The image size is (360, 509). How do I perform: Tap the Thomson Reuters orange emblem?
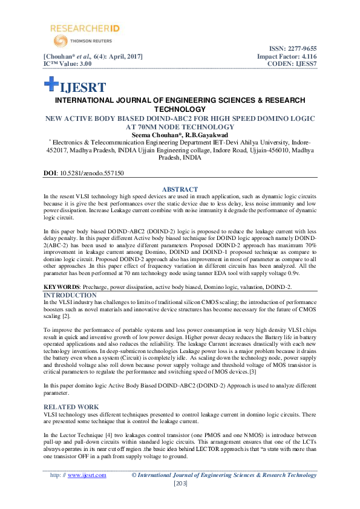click(61, 41)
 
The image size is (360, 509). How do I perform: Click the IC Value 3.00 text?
click(67, 63)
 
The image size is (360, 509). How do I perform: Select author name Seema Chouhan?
click(157, 135)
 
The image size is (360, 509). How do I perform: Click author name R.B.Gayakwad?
click(207, 135)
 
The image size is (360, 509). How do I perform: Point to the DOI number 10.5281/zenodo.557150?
click(90, 173)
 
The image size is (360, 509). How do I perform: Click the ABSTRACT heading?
click(180, 189)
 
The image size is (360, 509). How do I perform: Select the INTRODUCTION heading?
click(70, 294)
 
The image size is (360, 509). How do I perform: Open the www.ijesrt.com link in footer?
click(87, 475)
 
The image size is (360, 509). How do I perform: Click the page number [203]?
click(180, 484)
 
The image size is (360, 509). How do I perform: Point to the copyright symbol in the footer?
click(135, 475)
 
